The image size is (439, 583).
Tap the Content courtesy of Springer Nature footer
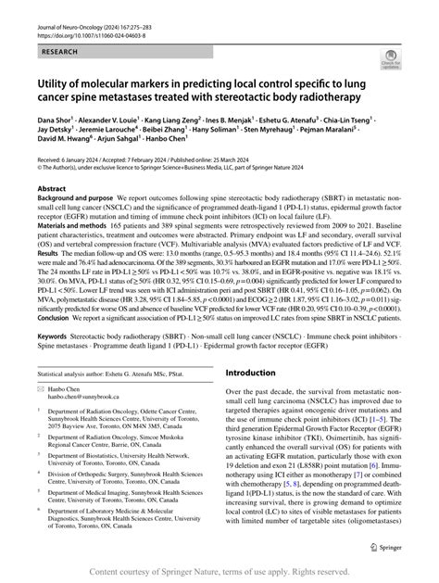point(219,572)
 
